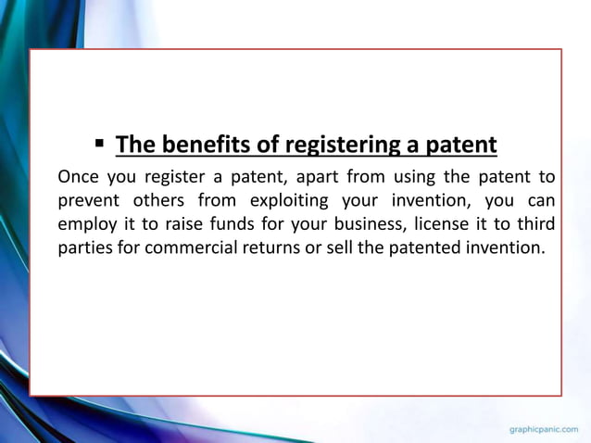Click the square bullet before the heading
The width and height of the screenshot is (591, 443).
[99, 144]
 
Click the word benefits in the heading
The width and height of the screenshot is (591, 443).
[198, 146]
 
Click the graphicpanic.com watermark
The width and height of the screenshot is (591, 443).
[545, 430]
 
